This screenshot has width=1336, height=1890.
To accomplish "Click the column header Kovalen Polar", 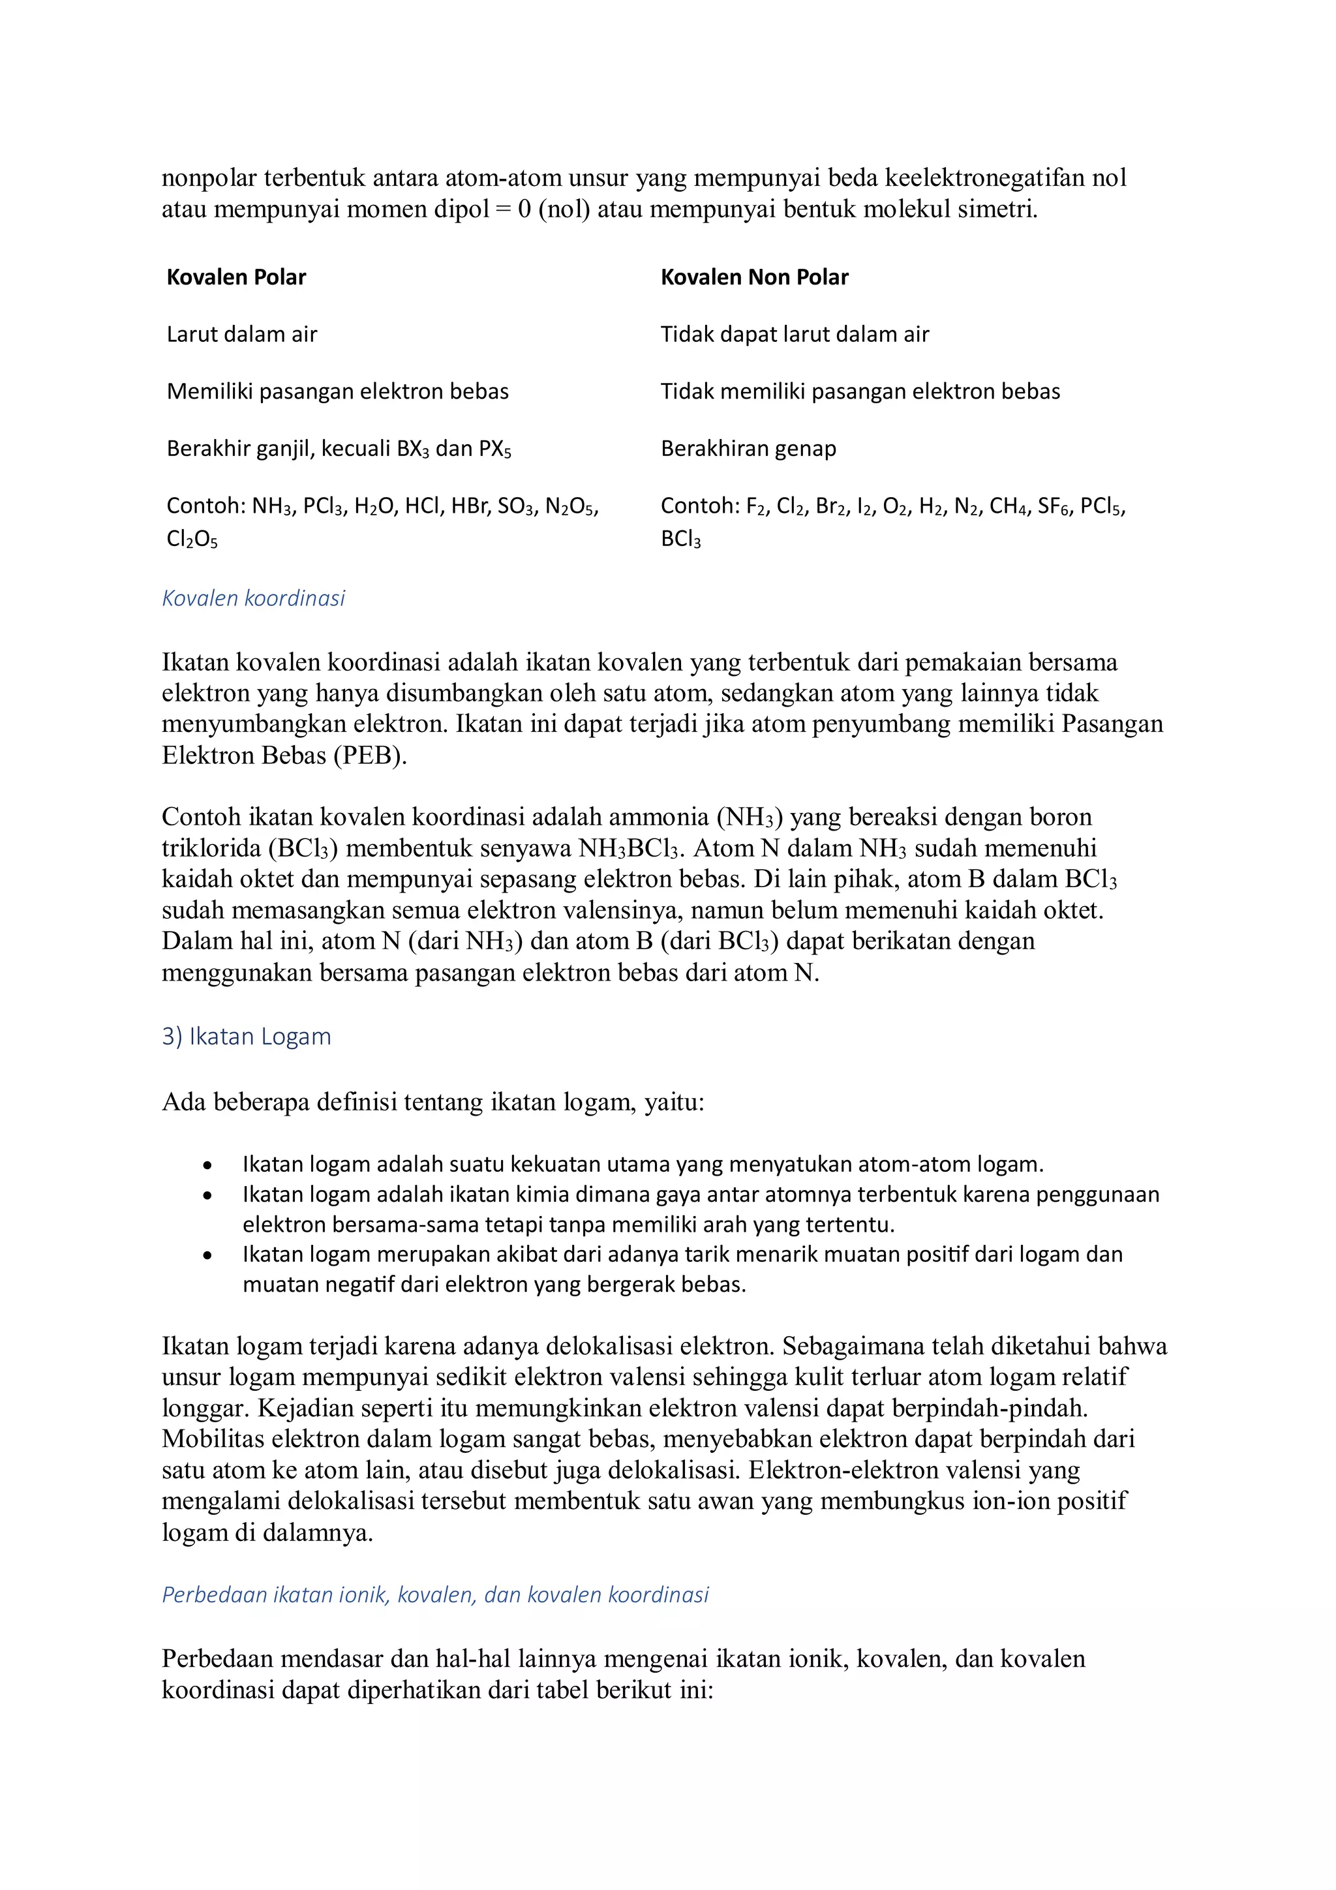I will pos(235,277).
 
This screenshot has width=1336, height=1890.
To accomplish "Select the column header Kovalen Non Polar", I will pos(754,277).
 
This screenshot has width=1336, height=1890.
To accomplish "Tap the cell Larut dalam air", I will pos(241,334).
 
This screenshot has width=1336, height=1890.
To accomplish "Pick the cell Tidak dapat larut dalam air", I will pos(795,334).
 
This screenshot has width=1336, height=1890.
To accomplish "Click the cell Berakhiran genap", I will pos(748,449).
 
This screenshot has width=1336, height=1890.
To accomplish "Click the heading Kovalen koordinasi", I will pos(254,598).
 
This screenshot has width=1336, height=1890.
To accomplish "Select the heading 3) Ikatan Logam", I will pos(246,1037).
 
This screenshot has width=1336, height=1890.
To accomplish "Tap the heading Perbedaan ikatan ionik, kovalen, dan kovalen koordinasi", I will pos(434,1594).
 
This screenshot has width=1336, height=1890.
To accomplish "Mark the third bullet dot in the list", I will pos(207,1255).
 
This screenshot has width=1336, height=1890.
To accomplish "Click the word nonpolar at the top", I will pos(209,178).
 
